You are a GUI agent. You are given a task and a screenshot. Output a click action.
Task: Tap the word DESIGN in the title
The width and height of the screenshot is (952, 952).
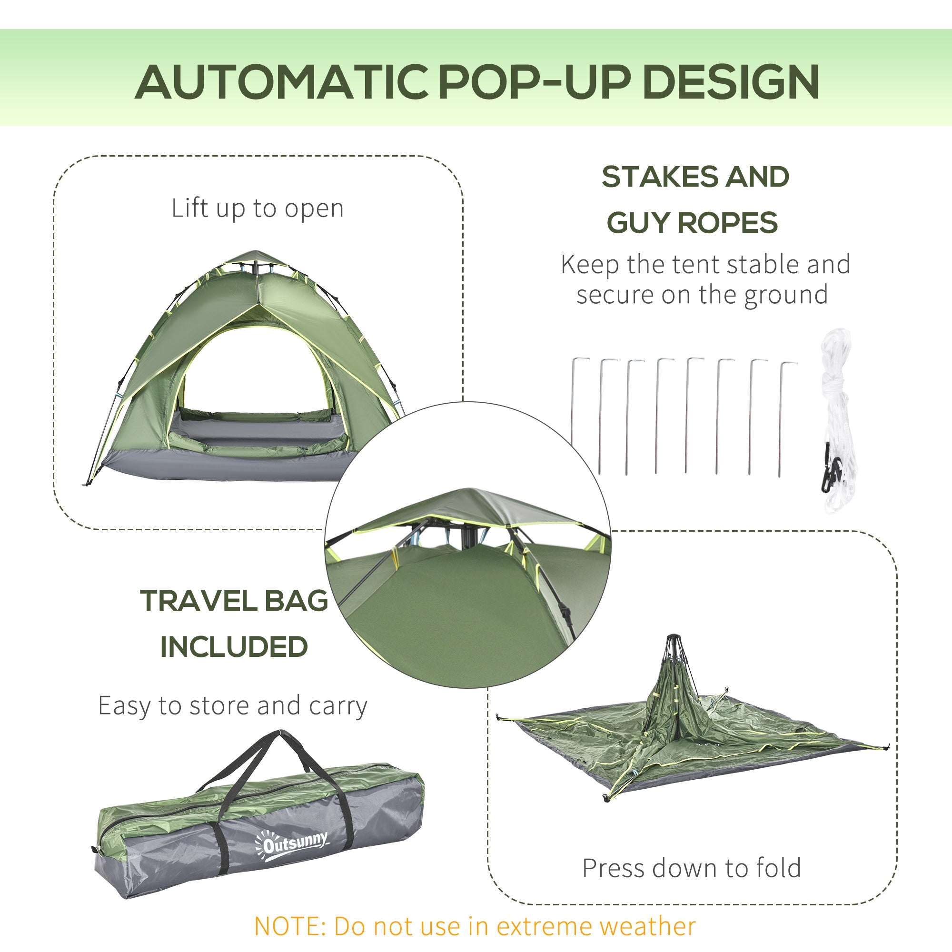coord(731,82)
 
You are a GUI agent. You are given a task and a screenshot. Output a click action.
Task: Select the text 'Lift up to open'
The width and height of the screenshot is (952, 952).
coord(257,208)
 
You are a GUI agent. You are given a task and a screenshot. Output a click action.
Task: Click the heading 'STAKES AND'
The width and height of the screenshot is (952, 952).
coord(695,177)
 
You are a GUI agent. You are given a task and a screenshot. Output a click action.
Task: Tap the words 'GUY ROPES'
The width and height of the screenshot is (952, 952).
coord(692,223)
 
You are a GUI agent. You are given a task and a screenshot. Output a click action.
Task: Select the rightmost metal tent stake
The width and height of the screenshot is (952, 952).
coord(782,419)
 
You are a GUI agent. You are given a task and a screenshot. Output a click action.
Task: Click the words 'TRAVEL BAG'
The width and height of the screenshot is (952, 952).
coord(234,601)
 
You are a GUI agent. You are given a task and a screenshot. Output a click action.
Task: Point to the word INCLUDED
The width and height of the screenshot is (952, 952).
coord(234,646)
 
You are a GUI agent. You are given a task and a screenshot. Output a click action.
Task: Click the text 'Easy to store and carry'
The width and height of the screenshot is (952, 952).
coord(233,705)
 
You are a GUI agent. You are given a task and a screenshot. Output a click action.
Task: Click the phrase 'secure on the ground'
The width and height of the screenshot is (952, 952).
coord(702,295)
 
